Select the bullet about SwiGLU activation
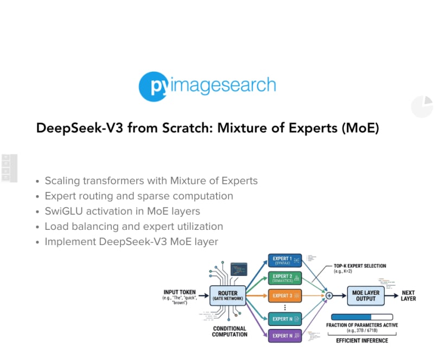(x=122, y=211)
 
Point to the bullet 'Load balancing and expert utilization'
(x=133, y=226)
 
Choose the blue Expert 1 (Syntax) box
(x=285, y=261)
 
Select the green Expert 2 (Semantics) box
(x=285, y=278)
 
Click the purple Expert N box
(x=285, y=336)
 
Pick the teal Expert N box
(x=285, y=319)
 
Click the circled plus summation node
(x=329, y=295)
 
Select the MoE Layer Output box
(x=366, y=295)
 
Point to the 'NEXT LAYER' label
(x=409, y=295)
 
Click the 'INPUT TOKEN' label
(x=179, y=292)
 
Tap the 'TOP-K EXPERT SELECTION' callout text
(x=360, y=266)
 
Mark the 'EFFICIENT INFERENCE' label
(x=362, y=340)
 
